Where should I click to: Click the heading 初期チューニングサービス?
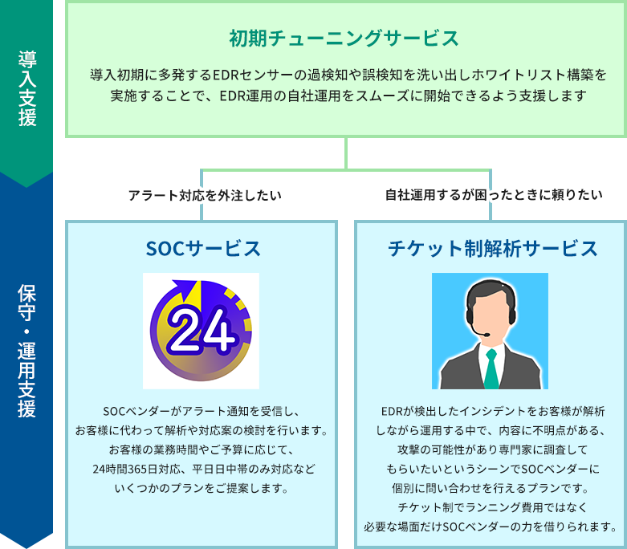(344, 38)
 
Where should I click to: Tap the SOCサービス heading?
(203, 248)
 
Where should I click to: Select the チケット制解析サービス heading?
(492, 248)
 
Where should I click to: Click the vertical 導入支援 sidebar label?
(26, 89)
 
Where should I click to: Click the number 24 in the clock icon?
(201, 331)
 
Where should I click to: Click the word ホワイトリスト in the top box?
(492, 75)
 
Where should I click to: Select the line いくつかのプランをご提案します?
(201, 487)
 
